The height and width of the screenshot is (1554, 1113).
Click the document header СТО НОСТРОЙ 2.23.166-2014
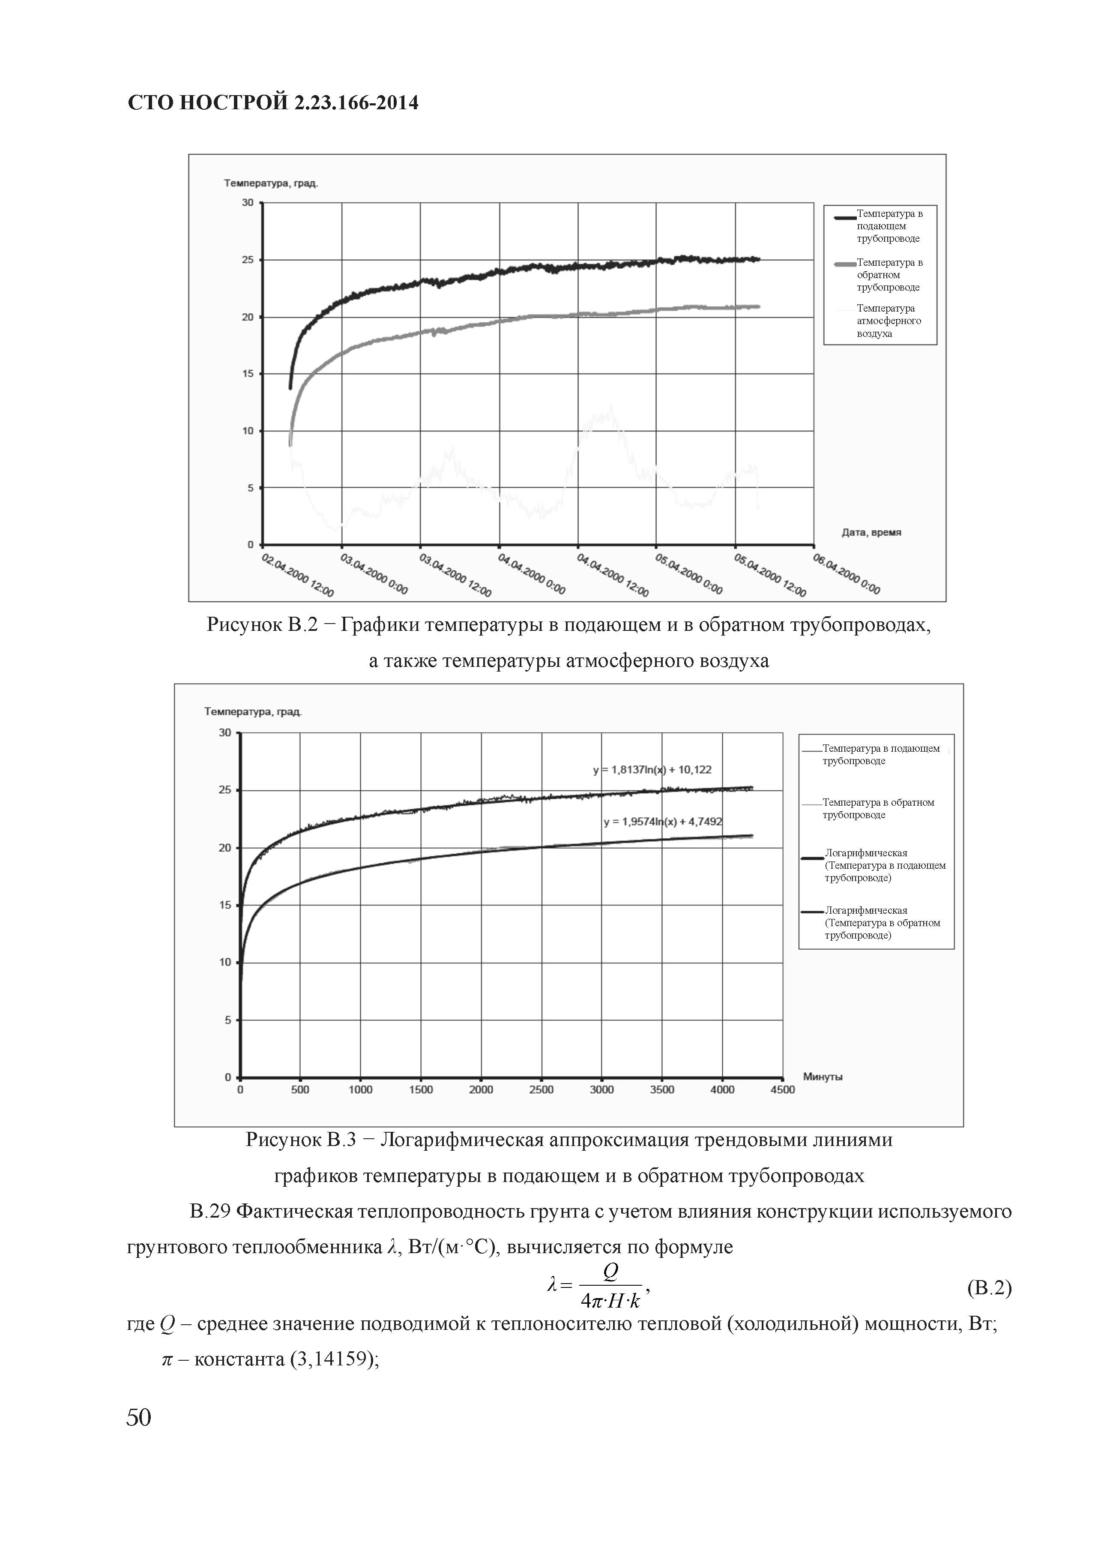click(272, 103)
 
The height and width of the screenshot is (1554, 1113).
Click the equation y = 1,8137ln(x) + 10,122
click(652, 769)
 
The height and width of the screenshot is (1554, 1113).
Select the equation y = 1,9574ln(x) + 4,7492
click(663, 821)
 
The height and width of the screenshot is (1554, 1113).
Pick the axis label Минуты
click(823, 1077)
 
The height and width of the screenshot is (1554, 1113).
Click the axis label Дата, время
click(871, 532)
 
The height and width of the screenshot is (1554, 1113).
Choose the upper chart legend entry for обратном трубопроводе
click(889, 275)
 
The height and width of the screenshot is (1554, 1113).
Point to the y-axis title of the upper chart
click(271, 183)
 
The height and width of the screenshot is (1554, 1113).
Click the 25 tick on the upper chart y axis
click(247, 260)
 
